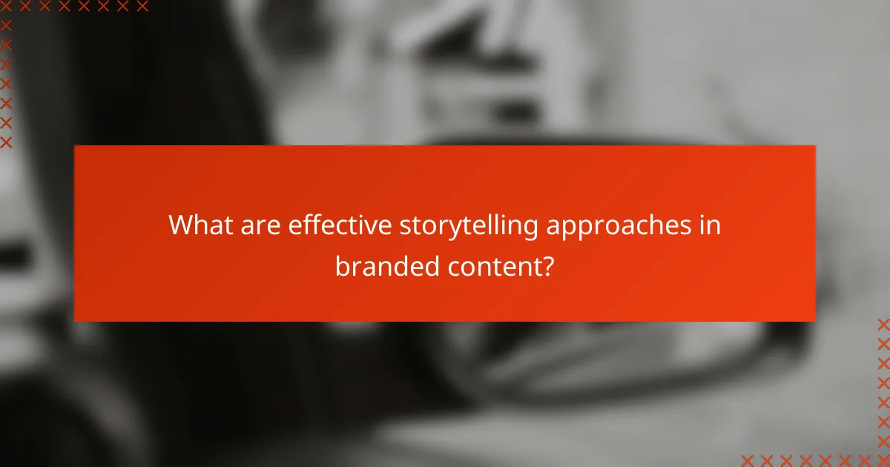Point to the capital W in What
pyautogui.click(x=182, y=225)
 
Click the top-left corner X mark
pyautogui.click(x=7, y=7)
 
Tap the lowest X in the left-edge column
pyautogui.click(x=7, y=142)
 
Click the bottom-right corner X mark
pyautogui.click(x=883, y=460)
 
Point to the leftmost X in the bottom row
pyautogui.click(x=748, y=460)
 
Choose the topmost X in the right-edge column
pyautogui.click(x=883, y=324)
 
